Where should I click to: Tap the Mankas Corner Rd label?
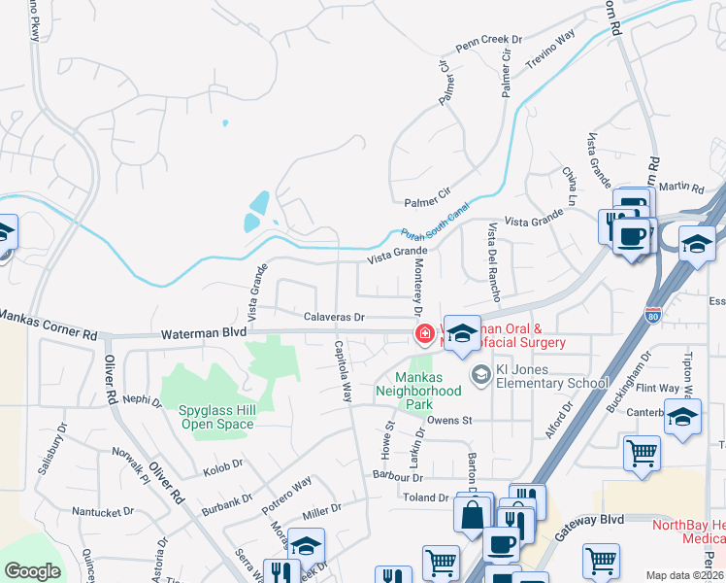(49, 326)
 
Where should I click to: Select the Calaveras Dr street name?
(333, 317)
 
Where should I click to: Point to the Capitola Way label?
(343, 372)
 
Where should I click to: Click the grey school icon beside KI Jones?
(479, 374)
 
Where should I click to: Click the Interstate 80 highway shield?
(652, 314)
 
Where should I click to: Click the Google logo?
(32, 571)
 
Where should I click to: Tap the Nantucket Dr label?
(102, 511)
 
